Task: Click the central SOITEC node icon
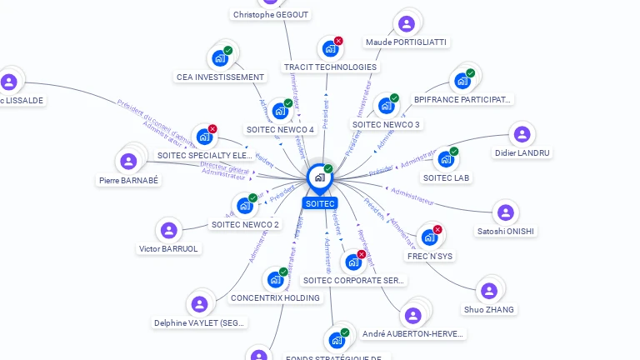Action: coord(319,177)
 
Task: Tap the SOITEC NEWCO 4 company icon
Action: coord(280,110)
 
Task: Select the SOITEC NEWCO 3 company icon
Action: coord(386,106)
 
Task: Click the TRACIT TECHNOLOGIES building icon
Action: coord(330,48)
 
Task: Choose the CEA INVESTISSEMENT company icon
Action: coord(220,58)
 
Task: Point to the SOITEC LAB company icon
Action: coord(446,159)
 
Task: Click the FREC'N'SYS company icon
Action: coord(429,237)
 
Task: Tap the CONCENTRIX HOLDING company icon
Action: coord(275,279)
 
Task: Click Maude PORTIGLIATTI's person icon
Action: coord(406,24)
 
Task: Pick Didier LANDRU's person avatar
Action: coord(522,134)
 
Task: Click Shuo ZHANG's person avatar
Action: coord(489,290)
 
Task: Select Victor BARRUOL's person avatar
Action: coord(168,230)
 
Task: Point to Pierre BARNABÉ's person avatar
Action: coord(128,161)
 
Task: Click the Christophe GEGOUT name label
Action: coord(271,15)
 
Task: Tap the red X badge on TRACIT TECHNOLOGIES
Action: coord(338,41)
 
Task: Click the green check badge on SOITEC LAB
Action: coord(454,152)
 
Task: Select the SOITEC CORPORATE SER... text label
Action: coord(354,281)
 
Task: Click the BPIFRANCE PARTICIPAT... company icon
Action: coord(462,81)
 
